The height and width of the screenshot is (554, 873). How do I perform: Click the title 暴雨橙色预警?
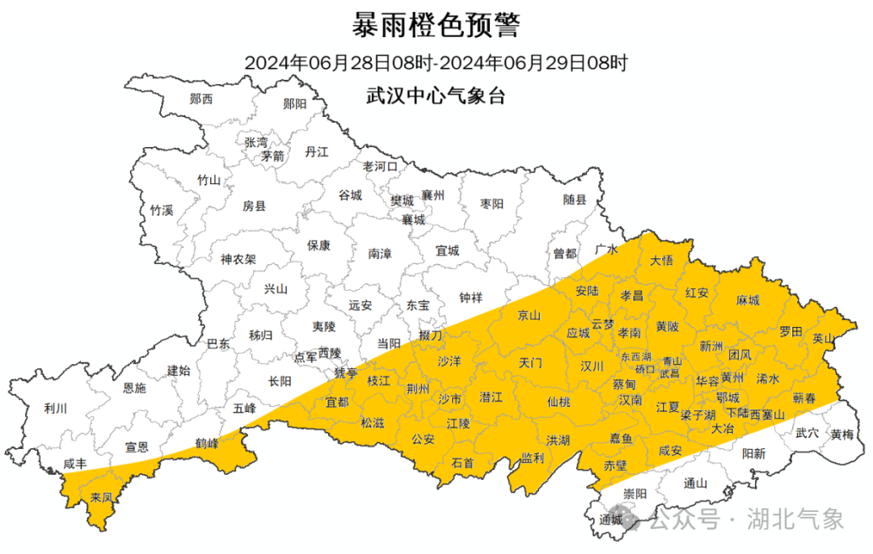tap(436, 26)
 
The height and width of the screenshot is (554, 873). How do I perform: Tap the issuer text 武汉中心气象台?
tap(436, 95)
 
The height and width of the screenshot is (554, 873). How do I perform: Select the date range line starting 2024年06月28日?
tap(436, 62)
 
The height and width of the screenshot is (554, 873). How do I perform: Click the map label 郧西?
tap(201, 99)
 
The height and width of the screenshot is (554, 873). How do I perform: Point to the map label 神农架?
tap(238, 260)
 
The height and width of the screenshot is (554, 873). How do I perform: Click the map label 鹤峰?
tap(208, 443)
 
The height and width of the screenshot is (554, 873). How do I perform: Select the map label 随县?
tap(575, 199)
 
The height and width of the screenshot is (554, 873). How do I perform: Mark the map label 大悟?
tap(661, 260)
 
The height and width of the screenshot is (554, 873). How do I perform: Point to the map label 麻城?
tap(748, 300)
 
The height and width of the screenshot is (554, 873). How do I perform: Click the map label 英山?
tap(823, 339)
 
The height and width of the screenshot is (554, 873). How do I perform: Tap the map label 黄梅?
tap(841, 434)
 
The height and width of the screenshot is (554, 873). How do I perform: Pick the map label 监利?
tap(532, 457)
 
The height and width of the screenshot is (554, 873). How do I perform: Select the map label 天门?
tap(530, 363)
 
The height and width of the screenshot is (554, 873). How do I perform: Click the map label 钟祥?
tap(470, 297)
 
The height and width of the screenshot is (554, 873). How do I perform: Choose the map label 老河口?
tap(380, 166)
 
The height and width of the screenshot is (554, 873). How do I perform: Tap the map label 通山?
tap(695, 484)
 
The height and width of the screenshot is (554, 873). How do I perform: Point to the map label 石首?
tap(462, 463)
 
